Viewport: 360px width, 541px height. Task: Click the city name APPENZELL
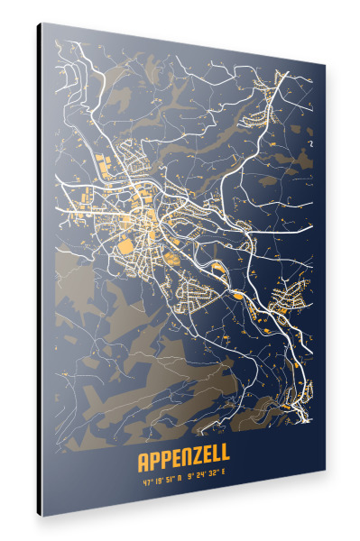pyautogui.click(x=183, y=463)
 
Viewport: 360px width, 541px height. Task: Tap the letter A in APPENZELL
pyautogui.click(x=143, y=462)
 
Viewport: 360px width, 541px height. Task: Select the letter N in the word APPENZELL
pyautogui.click(x=184, y=463)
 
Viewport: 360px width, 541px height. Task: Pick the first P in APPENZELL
pyautogui.click(x=156, y=463)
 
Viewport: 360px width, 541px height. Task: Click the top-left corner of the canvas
pyautogui.click(x=42, y=24)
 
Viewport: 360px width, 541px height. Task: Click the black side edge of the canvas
pyautogui.click(x=39, y=270)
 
